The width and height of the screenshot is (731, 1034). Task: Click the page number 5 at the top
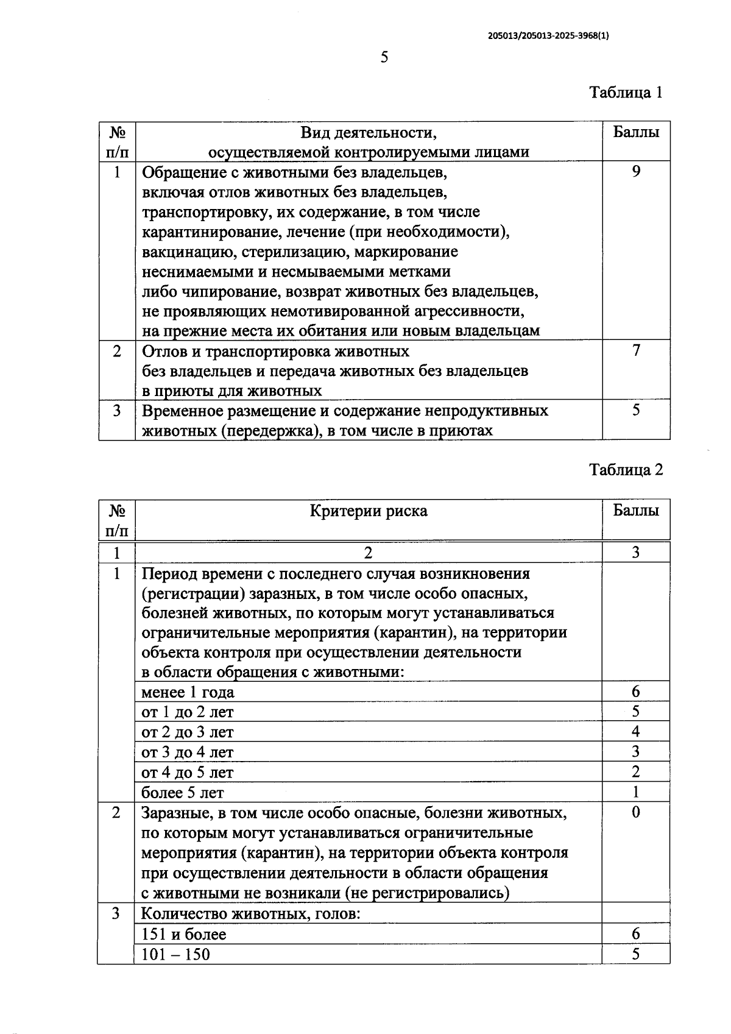(384, 58)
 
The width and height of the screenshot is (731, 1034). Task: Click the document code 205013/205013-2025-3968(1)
(548, 35)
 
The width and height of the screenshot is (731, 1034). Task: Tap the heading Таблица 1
(626, 93)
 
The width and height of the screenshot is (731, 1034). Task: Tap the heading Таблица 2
(626, 470)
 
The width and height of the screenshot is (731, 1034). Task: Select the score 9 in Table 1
(636, 172)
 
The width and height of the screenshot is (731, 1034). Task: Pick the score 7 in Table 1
(636, 350)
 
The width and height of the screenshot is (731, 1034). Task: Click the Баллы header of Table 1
(636, 132)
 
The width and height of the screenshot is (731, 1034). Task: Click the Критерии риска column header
(369, 511)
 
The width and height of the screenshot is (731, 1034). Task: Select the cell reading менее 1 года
(188, 693)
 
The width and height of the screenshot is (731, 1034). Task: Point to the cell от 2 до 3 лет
(188, 732)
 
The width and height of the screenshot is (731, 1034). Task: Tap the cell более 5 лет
(183, 793)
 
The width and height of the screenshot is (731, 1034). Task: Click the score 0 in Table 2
(636, 812)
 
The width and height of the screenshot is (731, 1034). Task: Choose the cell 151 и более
(184, 934)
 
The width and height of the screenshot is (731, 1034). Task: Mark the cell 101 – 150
(175, 954)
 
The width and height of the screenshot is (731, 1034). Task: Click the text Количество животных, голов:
(252, 914)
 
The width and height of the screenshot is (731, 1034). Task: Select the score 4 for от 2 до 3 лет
(636, 732)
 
